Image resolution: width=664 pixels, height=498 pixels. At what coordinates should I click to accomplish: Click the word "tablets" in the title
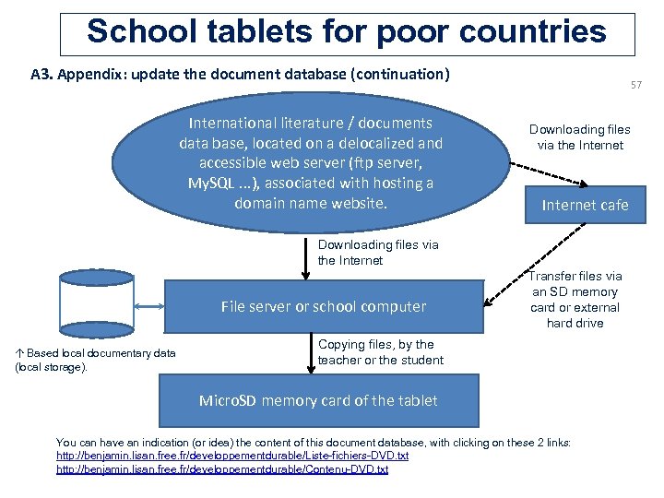coord(267,31)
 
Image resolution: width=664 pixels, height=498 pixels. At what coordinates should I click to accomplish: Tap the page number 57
coord(636,86)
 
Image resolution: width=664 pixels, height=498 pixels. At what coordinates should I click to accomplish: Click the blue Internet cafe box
coord(585,205)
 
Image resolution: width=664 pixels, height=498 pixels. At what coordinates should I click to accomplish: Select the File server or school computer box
coord(324,306)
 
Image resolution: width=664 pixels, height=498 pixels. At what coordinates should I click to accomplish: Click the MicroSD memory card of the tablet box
coord(318,400)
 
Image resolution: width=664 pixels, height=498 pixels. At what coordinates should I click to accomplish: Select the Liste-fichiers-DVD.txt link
coord(232,456)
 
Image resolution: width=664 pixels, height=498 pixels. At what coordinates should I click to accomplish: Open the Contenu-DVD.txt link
coord(222,469)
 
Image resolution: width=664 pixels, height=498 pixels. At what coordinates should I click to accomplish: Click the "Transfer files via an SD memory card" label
coord(575,299)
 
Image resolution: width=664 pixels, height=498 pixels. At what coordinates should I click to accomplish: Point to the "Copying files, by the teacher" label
coord(380,352)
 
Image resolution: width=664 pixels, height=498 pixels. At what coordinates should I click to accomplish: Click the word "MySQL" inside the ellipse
coord(212,183)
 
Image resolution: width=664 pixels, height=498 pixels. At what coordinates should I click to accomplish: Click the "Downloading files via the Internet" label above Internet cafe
coord(580,136)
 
